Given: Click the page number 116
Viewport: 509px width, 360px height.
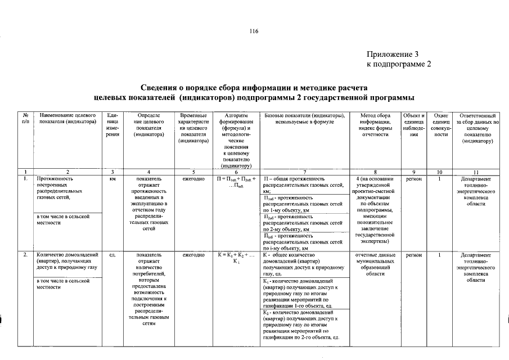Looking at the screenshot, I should pyautogui.click(x=254, y=31).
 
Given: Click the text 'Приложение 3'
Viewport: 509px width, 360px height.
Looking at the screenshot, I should pyautogui.click(x=393, y=55).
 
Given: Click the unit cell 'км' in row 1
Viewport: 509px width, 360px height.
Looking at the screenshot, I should pyautogui.click(x=112, y=178).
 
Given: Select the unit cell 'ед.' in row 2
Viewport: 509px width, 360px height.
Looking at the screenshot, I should pyautogui.click(x=112, y=255).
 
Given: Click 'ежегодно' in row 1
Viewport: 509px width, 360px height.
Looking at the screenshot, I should pyautogui.click(x=193, y=178).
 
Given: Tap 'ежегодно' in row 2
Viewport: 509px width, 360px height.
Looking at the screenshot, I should pyautogui.click(x=193, y=255).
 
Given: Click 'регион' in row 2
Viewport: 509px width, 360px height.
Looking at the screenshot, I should pyautogui.click(x=413, y=255).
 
